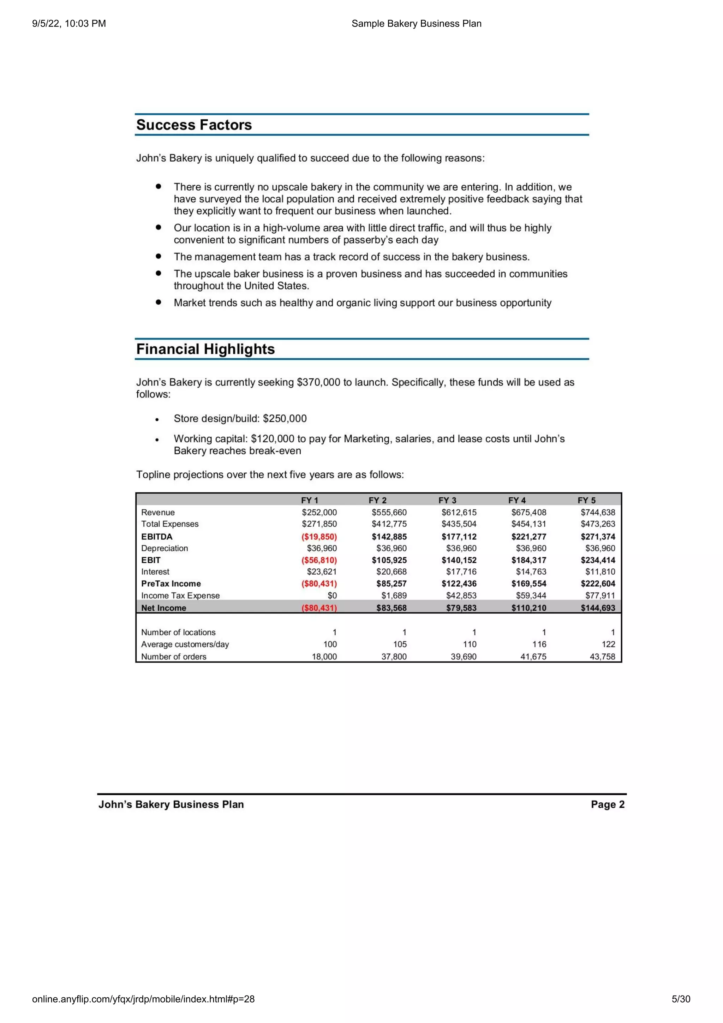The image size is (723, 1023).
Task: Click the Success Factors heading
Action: pos(194,125)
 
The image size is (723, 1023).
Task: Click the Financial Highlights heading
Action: pos(205,349)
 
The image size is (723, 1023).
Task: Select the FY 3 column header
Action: pos(447,500)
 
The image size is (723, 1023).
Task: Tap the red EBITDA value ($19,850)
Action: pos(319,537)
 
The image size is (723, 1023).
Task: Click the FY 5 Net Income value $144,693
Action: pos(597,608)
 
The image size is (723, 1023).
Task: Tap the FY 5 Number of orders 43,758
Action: pos(602,656)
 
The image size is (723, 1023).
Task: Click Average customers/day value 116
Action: pos(539,644)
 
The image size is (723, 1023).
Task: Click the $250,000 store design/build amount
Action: pos(285,419)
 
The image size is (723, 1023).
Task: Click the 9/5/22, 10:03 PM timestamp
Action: pos(69,24)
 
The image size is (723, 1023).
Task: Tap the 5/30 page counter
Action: pos(681,999)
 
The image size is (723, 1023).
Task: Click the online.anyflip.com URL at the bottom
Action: pos(143,999)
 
